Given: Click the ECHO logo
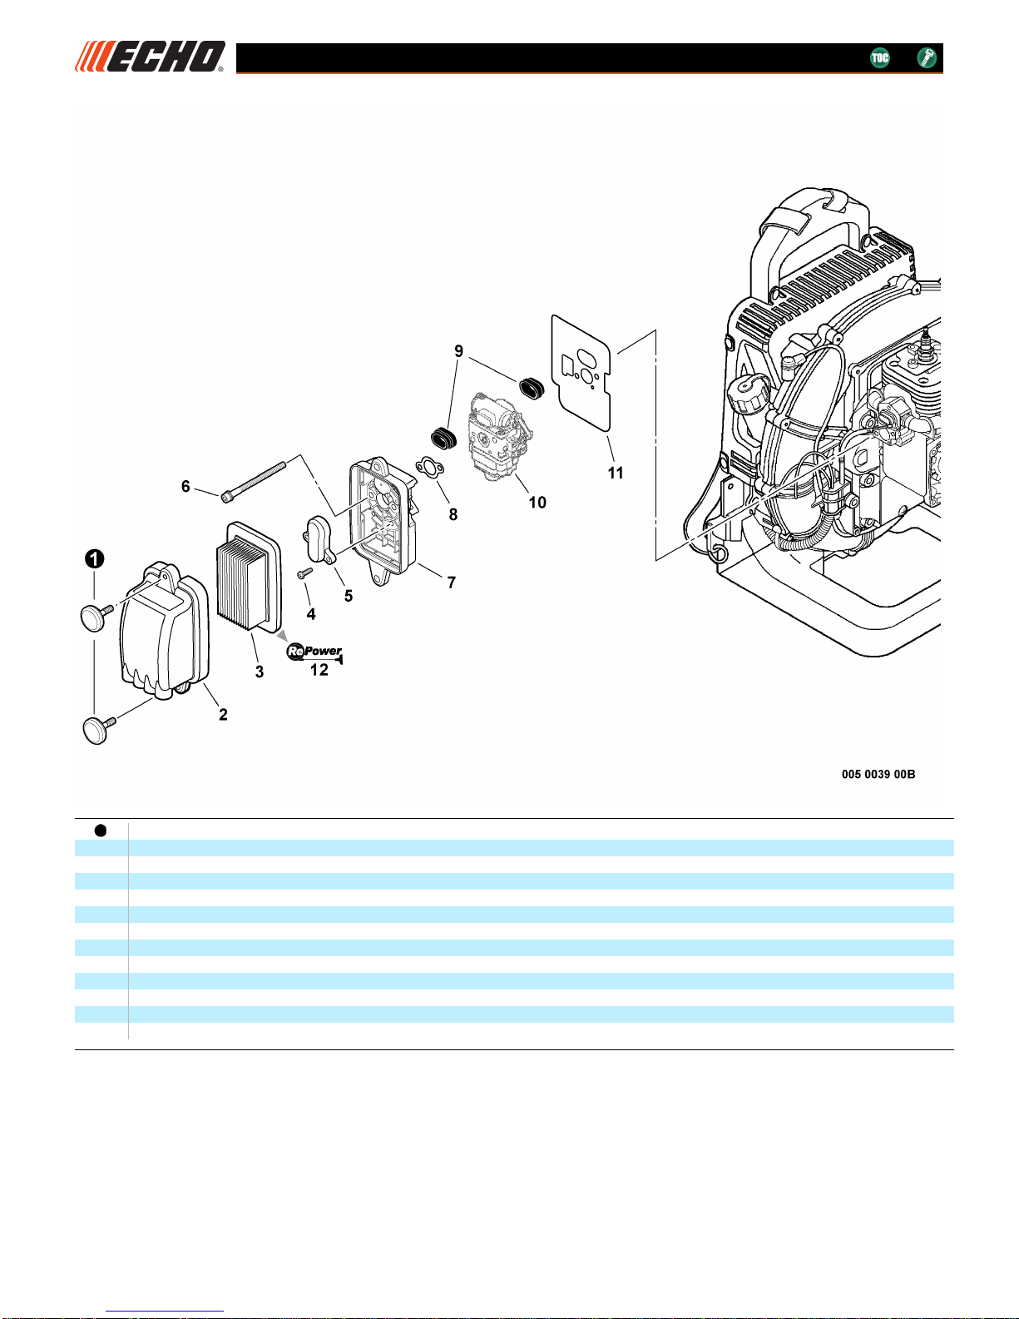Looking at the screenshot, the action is coord(150,57).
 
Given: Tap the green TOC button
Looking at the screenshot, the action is coord(879,57).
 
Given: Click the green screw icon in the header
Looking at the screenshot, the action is coord(926,57).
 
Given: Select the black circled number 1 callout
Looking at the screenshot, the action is coord(94,558).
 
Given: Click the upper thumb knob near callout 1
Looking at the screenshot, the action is coord(96,617).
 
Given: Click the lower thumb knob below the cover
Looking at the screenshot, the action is coord(97,730).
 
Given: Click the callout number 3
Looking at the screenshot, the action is coord(260,672).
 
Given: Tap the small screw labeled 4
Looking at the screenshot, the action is coord(304,573).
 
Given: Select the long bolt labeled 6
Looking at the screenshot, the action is coord(254,483).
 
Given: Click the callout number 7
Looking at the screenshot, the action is coord(451,583).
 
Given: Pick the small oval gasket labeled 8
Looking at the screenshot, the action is coord(429,468).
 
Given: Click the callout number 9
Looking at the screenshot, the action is coord(458,351).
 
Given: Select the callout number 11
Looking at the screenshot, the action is coord(616,473).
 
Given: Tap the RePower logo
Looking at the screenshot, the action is coord(314,652).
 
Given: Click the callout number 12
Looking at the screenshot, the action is coord(319,670).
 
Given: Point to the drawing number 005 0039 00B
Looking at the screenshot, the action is coord(878,774).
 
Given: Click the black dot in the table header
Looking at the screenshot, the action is coord(101,831).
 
